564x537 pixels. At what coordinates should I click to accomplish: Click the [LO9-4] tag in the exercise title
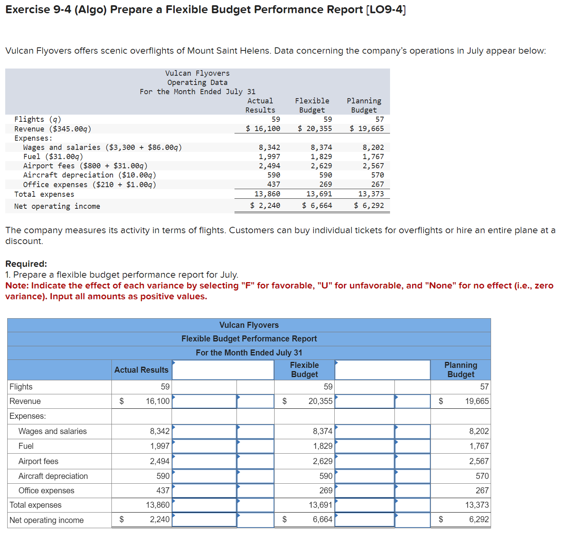(386, 10)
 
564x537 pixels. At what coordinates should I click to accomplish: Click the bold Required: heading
(26, 264)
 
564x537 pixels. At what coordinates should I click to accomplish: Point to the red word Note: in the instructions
(17, 286)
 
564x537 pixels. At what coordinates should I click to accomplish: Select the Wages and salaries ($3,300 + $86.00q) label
(102, 147)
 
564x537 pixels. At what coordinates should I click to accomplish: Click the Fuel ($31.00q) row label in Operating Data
(53, 157)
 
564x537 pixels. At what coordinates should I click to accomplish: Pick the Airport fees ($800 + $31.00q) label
(85, 166)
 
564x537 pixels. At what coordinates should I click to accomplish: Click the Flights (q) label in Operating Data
(38, 119)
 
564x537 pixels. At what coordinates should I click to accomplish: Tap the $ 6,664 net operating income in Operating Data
(317, 206)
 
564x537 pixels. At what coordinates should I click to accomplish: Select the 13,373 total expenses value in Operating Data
(371, 194)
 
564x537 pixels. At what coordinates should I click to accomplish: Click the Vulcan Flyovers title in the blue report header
(249, 325)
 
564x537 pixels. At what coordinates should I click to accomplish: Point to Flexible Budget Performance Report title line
(249, 339)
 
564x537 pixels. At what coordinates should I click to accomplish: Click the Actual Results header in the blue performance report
(141, 370)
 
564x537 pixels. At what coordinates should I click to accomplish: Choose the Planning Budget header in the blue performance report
(461, 369)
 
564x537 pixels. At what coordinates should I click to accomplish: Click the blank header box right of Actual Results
(223, 370)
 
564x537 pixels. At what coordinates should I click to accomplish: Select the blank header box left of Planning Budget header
(382, 370)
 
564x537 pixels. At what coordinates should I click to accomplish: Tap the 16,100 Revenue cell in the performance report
(158, 401)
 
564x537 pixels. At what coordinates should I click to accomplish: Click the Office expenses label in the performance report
(46, 491)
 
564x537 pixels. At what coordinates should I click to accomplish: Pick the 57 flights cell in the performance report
(484, 387)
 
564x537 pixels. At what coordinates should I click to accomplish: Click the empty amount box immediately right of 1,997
(204, 446)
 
